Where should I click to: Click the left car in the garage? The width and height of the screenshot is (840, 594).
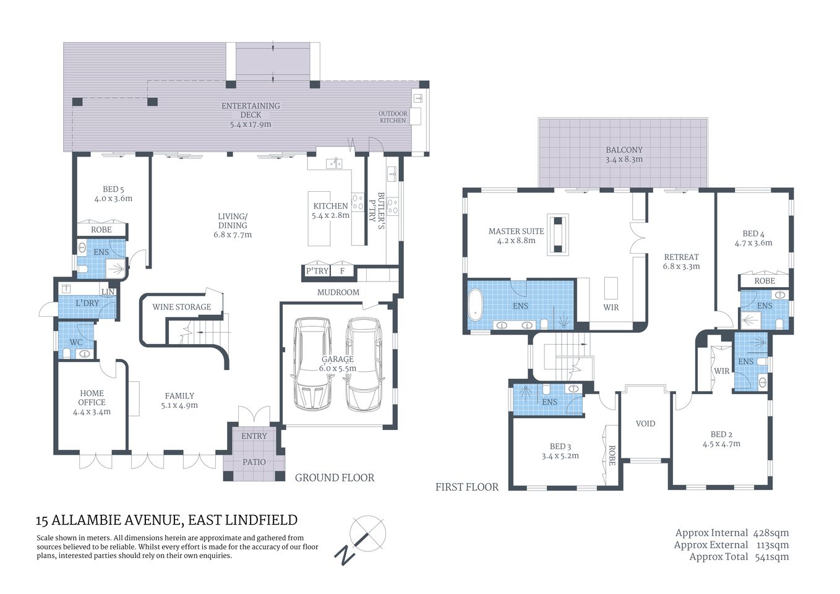click(312, 364)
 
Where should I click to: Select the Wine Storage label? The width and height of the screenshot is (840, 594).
click(182, 307)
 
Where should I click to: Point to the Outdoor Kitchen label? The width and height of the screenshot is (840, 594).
click(393, 117)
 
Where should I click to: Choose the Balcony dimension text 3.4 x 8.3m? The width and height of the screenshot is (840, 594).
click(624, 160)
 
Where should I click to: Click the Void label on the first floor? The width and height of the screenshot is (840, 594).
click(645, 424)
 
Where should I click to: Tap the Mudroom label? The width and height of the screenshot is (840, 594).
click(338, 292)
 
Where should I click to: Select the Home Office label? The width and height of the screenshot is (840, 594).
click(92, 398)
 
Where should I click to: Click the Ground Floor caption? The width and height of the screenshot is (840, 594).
click(335, 478)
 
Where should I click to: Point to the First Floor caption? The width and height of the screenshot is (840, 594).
click(467, 487)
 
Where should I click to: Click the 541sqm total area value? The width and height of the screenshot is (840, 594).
click(772, 557)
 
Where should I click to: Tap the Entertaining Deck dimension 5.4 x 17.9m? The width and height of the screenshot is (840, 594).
click(251, 124)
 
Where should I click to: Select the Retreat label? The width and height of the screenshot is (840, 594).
click(681, 257)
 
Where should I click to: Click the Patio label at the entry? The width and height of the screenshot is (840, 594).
click(254, 462)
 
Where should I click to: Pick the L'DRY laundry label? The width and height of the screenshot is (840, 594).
click(87, 303)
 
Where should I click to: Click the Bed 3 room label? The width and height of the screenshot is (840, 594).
click(560, 446)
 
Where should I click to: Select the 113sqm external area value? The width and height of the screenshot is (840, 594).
click(773, 545)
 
